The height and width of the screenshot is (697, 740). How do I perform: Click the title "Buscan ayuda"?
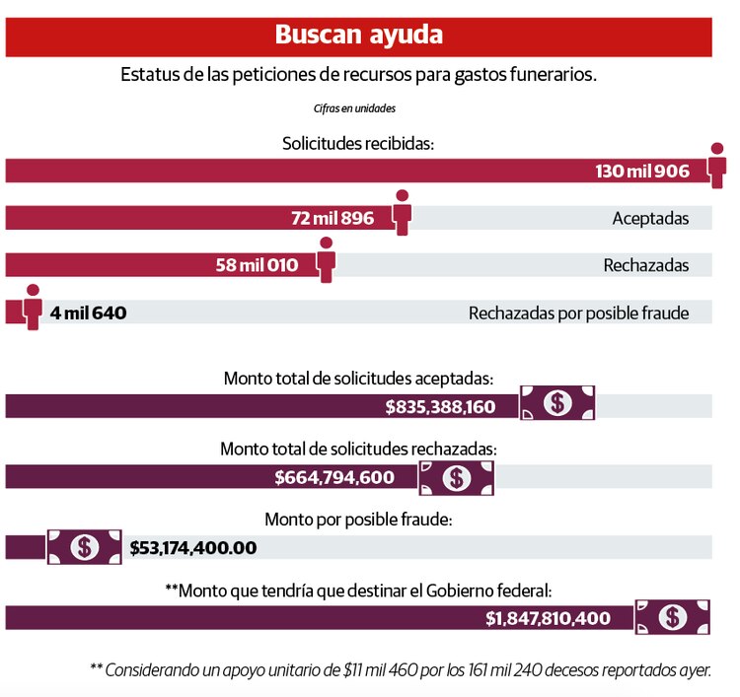(358, 35)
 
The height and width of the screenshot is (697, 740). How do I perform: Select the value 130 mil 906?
(642, 171)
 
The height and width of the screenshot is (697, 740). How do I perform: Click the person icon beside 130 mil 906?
(717, 165)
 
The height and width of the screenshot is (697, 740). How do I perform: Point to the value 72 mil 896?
(333, 218)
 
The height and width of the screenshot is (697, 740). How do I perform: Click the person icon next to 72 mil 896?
(402, 212)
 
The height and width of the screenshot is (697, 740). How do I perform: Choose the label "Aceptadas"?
(650, 218)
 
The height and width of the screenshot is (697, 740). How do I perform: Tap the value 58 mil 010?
(257, 265)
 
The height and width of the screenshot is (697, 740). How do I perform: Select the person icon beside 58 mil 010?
(326, 259)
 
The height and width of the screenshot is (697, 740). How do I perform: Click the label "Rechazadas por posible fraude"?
(578, 314)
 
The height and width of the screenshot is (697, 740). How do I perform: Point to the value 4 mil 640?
(89, 314)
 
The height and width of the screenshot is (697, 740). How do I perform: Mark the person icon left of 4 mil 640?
(33, 307)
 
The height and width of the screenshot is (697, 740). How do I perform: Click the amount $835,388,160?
(440, 406)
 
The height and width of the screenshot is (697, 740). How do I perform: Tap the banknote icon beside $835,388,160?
(558, 402)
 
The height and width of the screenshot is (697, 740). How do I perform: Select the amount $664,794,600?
(334, 478)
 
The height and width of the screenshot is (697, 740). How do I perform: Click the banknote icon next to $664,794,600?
(456, 478)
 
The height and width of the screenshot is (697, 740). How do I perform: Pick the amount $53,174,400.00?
(193, 547)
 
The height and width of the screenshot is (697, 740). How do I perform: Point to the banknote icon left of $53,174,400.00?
(85, 546)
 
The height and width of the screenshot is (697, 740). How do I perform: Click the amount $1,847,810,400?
(548, 619)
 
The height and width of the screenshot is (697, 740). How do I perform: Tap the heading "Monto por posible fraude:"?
(358, 520)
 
